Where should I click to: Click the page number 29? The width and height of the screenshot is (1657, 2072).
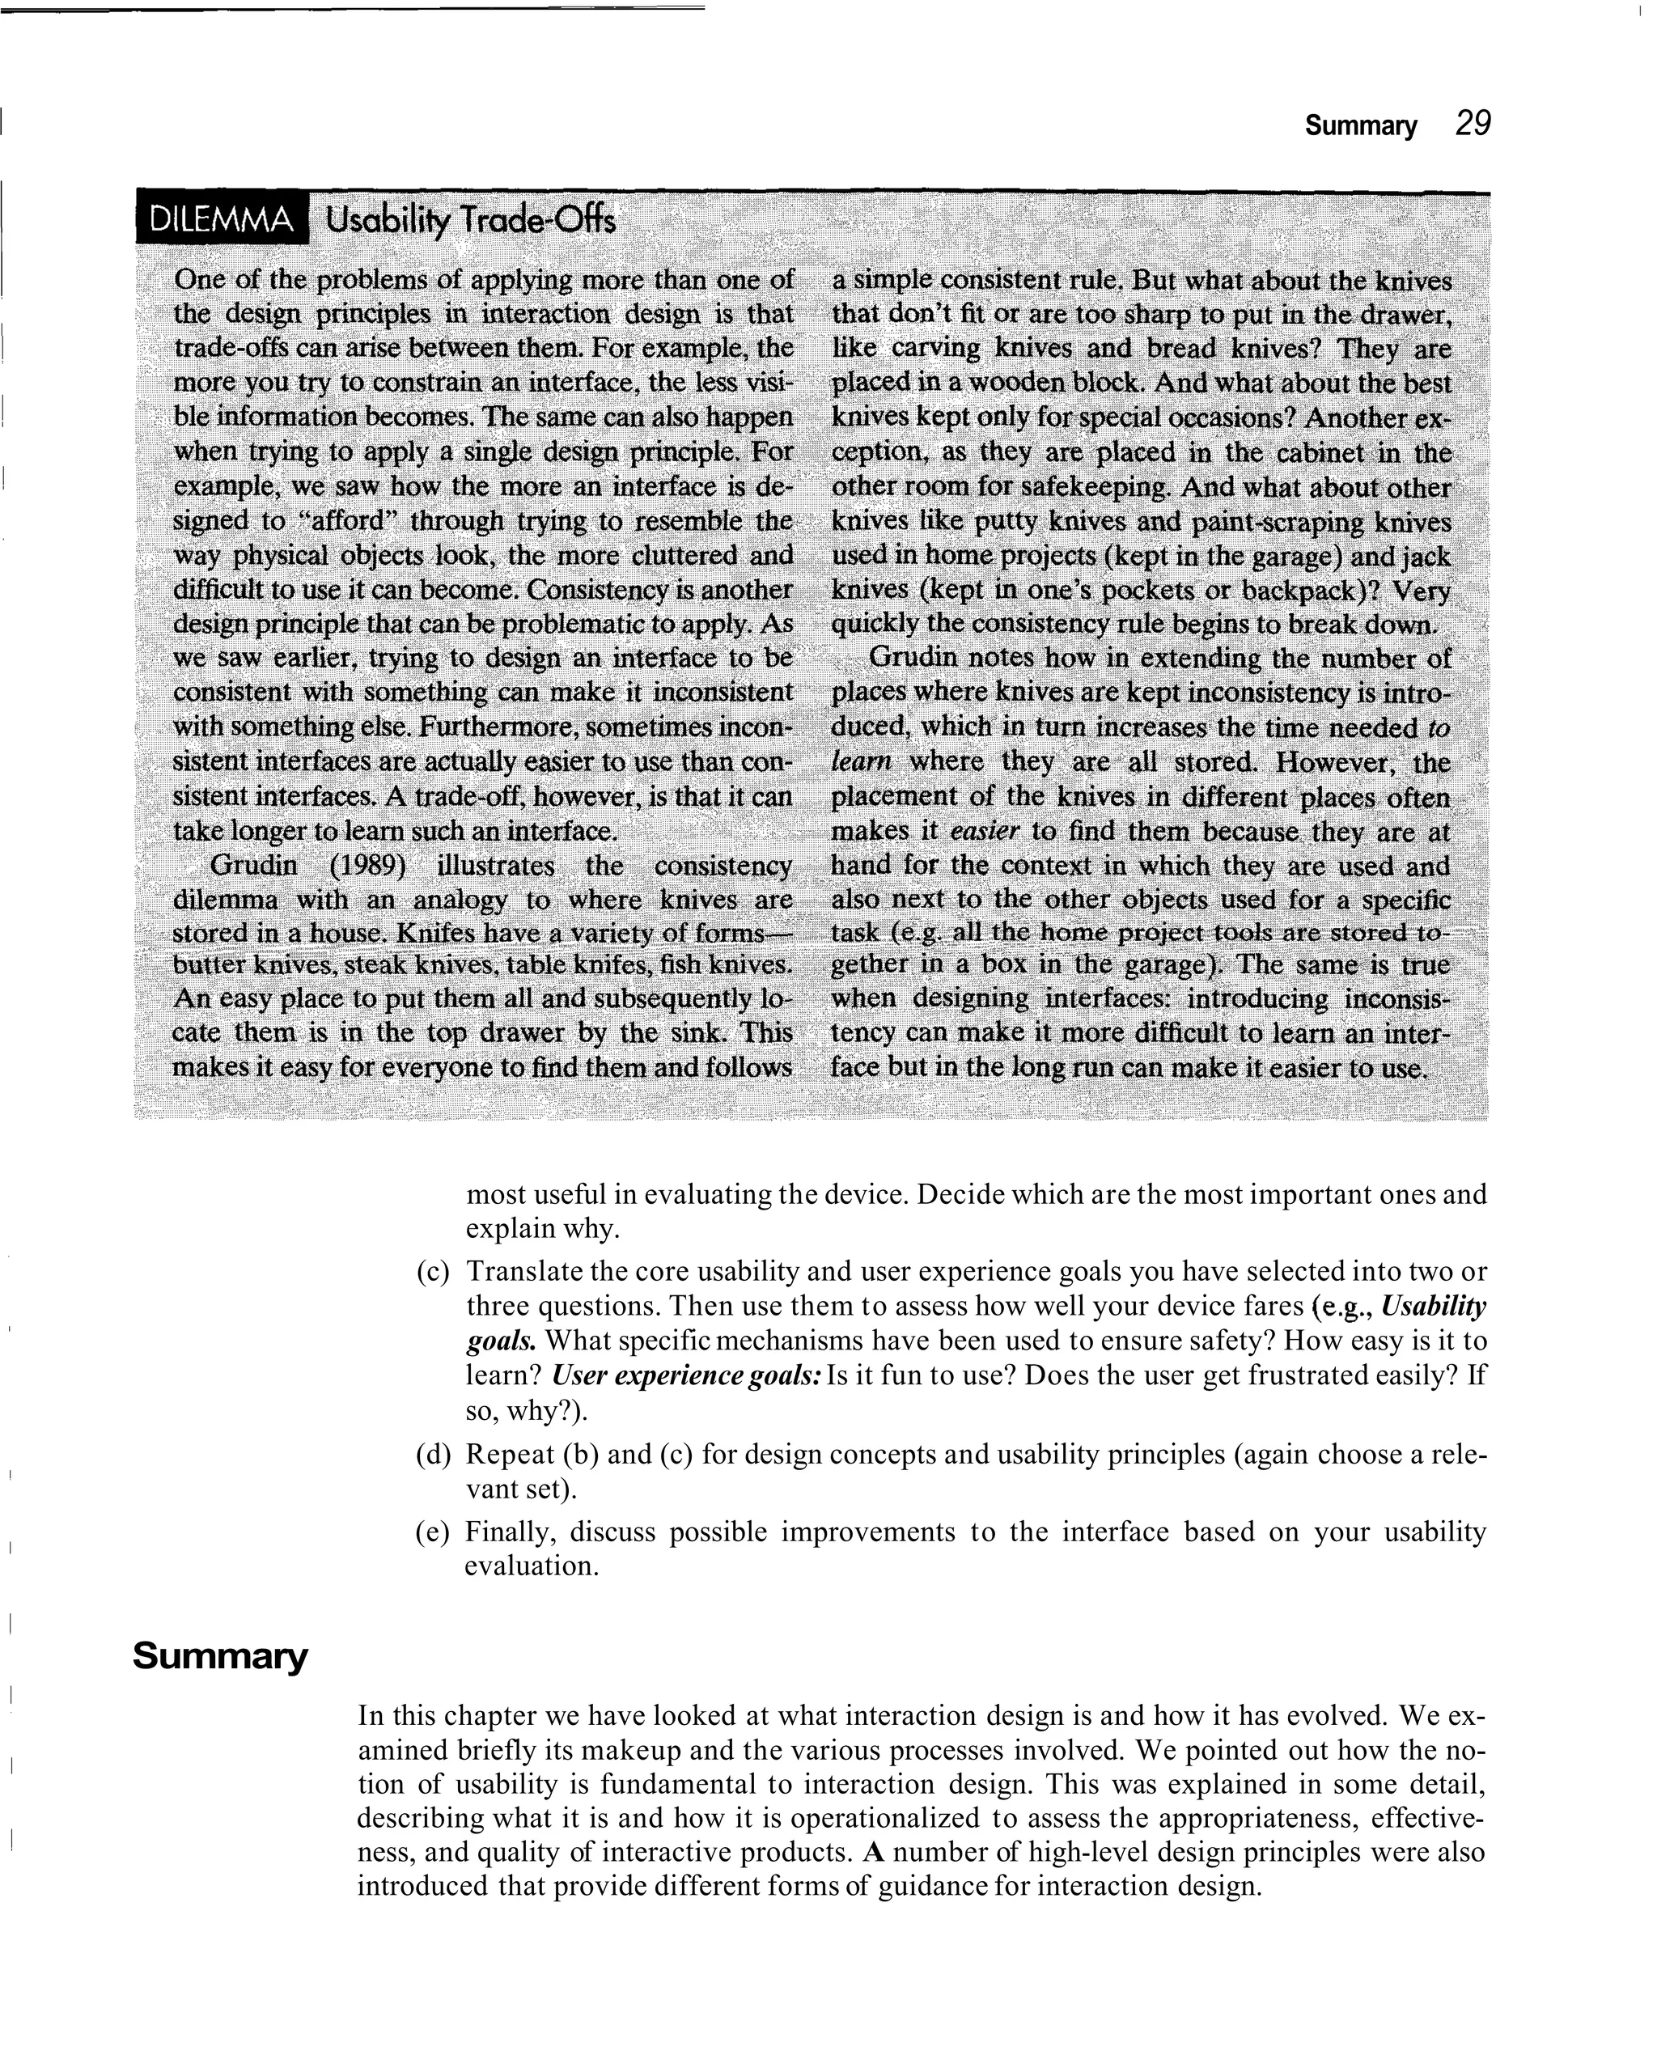coord(1473,125)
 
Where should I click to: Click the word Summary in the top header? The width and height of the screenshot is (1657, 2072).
coord(1360,127)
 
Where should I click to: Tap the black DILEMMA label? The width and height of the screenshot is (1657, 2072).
coord(222,221)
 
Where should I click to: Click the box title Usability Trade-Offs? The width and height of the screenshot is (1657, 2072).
coord(470,221)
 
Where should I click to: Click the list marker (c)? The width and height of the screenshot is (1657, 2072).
coord(433,1272)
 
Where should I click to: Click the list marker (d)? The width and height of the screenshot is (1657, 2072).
coord(433,1454)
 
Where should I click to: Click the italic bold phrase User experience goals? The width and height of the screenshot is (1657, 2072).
coord(686,1375)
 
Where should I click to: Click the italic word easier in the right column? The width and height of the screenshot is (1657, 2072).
coord(983,831)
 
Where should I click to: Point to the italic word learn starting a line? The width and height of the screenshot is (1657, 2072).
coord(861,762)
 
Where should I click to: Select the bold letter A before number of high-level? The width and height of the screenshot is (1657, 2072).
coord(874,1852)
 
